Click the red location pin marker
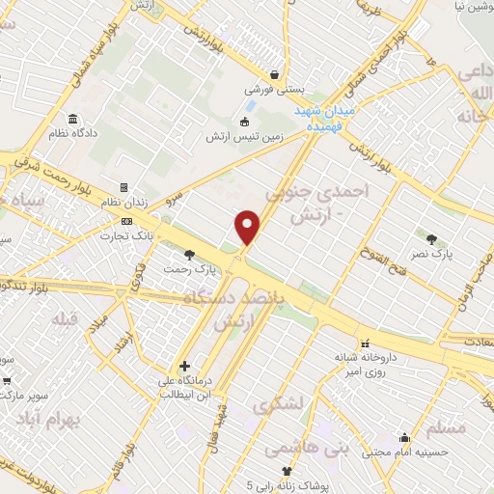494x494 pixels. pos(249,227)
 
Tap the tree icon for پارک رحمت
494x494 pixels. pos(189,256)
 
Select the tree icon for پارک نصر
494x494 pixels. pos(430,238)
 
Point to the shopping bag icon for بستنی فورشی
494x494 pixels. pos(275,74)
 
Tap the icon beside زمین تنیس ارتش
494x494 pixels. pos(243,122)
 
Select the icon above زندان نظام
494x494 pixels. pos(123,187)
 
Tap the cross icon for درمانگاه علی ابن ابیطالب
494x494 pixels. pos(184,366)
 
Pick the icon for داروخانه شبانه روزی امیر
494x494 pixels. pos(365,343)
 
